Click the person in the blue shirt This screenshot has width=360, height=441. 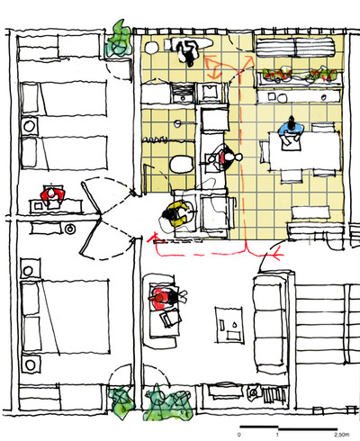point(291,132)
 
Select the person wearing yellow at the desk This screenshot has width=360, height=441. point(176,213)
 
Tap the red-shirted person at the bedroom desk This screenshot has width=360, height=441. point(52,195)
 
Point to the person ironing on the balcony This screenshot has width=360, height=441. point(187,51)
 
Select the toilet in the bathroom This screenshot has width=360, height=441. point(182,164)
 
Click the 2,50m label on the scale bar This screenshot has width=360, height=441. point(342,435)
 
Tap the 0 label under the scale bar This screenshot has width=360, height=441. point(239,435)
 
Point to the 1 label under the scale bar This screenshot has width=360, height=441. point(277,435)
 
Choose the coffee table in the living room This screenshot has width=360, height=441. point(229,325)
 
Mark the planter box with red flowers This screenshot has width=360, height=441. point(300,77)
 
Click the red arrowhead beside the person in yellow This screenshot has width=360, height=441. point(154,238)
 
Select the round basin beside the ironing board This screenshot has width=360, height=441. point(151,48)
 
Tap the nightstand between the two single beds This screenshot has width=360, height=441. point(30,126)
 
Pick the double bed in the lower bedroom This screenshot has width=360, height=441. point(65,317)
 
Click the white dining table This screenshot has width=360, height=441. point(305,151)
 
